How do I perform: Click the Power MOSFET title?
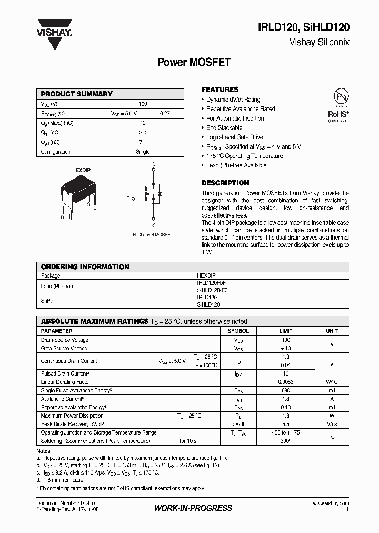[194, 62]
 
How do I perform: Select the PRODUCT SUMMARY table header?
[77, 94]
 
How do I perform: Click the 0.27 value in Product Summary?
[165, 113]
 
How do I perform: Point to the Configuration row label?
[56, 152]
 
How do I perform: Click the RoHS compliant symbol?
[337, 105]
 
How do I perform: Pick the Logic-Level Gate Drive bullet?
[234, 137]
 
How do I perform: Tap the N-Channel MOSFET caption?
[153, 234]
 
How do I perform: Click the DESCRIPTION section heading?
[225, 183]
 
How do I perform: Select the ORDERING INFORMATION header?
[85, 267]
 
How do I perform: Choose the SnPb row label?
[48, 301]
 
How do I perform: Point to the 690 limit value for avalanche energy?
[286, 390]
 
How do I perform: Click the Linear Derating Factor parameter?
[66, 382]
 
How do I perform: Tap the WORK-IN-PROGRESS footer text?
[193, 508]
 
